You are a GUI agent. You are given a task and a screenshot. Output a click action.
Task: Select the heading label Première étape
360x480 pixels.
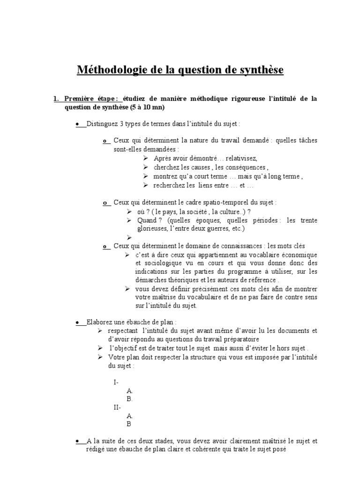coord(91,98)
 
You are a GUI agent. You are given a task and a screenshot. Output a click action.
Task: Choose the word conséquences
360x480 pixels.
coord(245,167)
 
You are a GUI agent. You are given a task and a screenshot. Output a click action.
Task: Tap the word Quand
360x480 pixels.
coord(147,220)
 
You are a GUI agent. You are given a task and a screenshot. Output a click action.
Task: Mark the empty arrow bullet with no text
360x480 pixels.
coord(129,238)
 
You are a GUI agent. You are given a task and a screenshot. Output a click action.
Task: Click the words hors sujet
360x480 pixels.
coord(291,349)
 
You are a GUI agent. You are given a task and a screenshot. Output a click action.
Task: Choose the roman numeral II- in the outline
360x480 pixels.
coord(117,407)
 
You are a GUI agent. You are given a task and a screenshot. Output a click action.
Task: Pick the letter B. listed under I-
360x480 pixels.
coord(130,399)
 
